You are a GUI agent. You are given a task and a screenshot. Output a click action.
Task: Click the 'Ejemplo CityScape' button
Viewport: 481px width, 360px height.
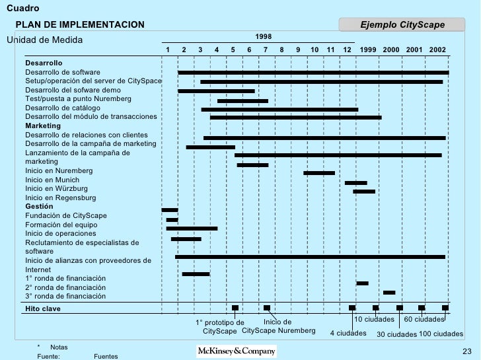402,25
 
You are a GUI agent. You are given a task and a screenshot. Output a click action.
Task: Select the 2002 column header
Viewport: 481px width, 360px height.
437,50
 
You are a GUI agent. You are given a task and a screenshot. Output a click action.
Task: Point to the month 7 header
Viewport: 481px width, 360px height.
266,50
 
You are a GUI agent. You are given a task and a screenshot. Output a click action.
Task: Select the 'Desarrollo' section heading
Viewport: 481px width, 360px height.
44,62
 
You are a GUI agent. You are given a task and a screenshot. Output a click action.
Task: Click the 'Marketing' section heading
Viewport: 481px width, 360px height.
43,126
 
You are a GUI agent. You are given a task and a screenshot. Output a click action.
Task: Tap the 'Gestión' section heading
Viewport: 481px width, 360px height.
39,207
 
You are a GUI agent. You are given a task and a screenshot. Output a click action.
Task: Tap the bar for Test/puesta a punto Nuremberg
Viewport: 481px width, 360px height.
242,101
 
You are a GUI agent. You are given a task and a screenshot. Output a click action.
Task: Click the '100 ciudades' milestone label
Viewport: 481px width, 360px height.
441,334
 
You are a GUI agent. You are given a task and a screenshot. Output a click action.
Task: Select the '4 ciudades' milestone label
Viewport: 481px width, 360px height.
348,333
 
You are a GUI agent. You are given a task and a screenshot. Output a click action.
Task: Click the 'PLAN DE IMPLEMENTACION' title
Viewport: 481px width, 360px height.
80,24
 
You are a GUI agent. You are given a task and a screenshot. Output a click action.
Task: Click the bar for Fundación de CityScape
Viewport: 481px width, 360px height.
170,210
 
